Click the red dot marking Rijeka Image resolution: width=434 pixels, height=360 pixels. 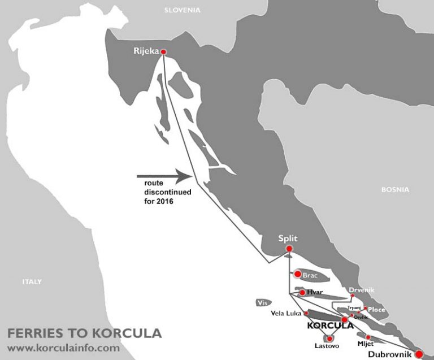tap(164, 52)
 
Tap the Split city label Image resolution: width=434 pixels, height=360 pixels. tap(288, 238)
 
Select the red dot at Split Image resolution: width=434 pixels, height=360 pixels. tap(289, 249)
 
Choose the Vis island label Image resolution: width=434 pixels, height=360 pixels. tap(261, 302)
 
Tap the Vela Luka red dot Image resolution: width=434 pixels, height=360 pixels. tap(306, 313)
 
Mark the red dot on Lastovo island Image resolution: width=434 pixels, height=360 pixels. tap(329, 338)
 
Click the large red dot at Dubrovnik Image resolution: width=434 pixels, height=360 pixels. tap(419, 354)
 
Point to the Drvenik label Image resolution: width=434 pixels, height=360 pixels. tap(362, 290)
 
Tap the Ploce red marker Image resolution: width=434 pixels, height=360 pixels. tap(366, 309)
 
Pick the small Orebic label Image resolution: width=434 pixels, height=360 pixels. tap(361, 317)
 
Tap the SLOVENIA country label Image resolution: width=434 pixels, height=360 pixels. tap(181, 10)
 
